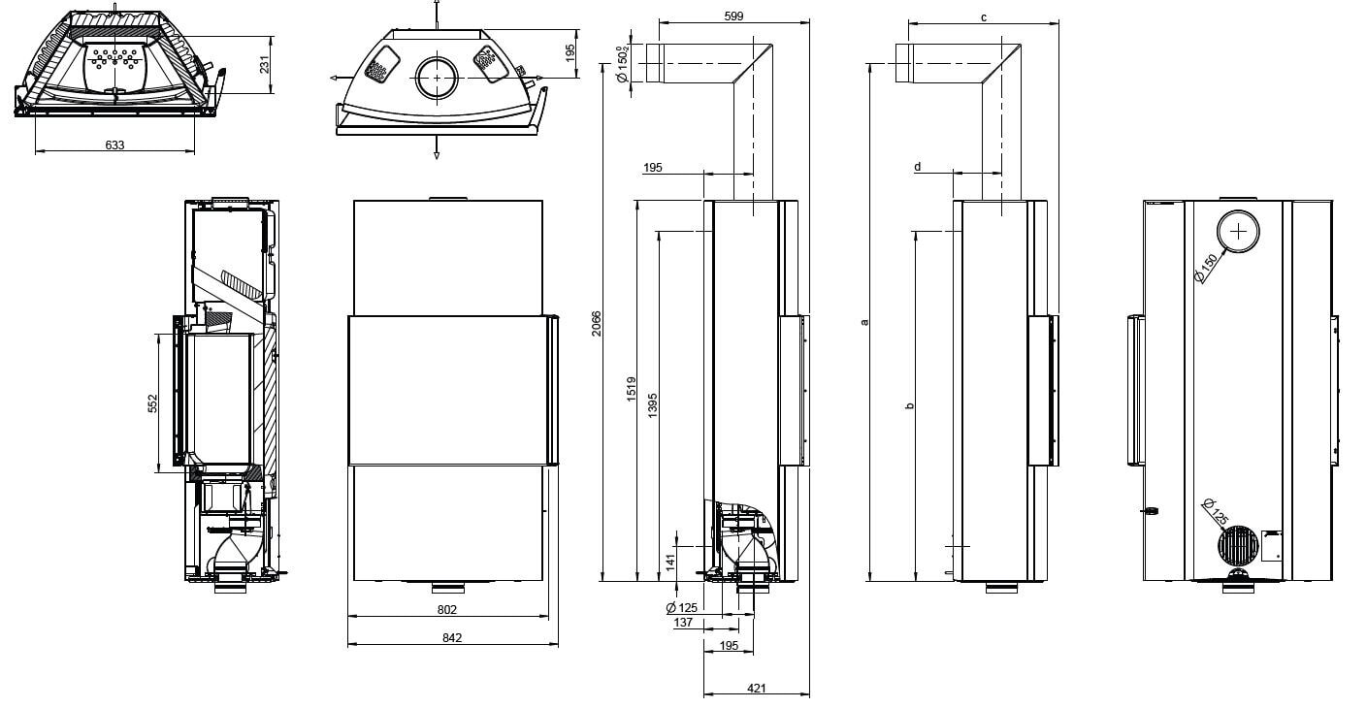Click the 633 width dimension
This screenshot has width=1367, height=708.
coord(114,145)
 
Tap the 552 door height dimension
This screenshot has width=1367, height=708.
coord(152,402)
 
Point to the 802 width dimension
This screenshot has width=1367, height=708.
coord(446,609)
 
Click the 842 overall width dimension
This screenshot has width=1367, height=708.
coord(451,637)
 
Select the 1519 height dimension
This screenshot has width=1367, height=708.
coord(631,390)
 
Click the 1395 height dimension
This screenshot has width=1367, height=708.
coord(653,403)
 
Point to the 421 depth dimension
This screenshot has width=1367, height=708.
coord(757,688)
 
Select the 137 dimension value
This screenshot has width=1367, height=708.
coord(683,623)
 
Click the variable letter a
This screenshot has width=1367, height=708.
coord(864,321)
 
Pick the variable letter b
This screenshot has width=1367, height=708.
coord(909,405)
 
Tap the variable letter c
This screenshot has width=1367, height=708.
coord(983,16)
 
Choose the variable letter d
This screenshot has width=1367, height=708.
coord(917,168)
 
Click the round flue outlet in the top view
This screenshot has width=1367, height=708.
coord(439,78)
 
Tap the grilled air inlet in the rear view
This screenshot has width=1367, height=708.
coord(1237,546)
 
